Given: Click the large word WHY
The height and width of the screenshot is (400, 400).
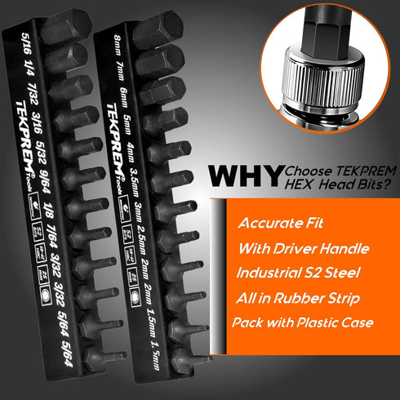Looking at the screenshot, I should (x=242, y=176).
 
